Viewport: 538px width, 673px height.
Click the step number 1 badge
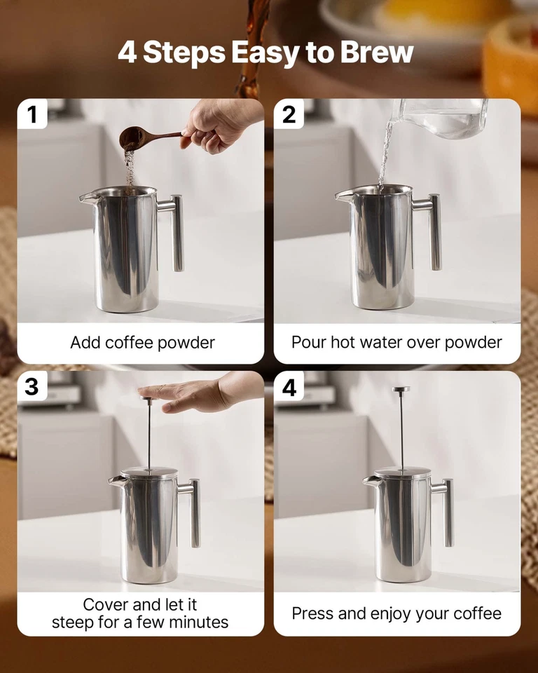click(x=32, y=114)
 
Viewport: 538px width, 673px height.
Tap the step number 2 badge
click(x=289, y=114)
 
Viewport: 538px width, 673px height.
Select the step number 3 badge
click(x=32, y=386)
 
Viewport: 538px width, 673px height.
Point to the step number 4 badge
click(x=289, y=386)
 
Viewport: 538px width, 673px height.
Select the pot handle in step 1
click(x=174, y=231)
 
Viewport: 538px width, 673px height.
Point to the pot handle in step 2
click(x=432, y=231)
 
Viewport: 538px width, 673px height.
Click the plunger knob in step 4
click(x=401, y=390)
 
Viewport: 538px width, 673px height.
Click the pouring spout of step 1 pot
click(x=86, y=198)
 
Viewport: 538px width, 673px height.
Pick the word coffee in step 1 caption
click(x=128, y=343)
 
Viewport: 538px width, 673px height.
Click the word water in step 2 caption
click(x=397, y=343)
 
